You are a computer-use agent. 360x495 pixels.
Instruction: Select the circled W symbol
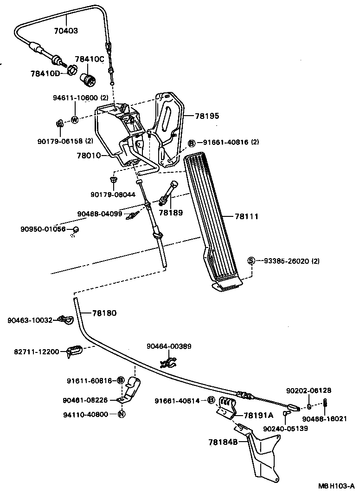click(x=74, y=119)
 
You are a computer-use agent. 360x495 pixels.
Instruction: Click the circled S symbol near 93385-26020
click(x=251, y=261)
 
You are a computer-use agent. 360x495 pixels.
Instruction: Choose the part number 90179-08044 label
click(x=113, y=195)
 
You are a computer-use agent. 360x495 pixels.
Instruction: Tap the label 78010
click(x=89, y=156)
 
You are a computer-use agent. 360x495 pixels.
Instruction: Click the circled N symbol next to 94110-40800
click(x=122, y=415)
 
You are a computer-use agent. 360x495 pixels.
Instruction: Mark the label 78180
click(x=104, y=313)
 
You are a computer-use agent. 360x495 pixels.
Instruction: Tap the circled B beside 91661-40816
click(x=191, y=143)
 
